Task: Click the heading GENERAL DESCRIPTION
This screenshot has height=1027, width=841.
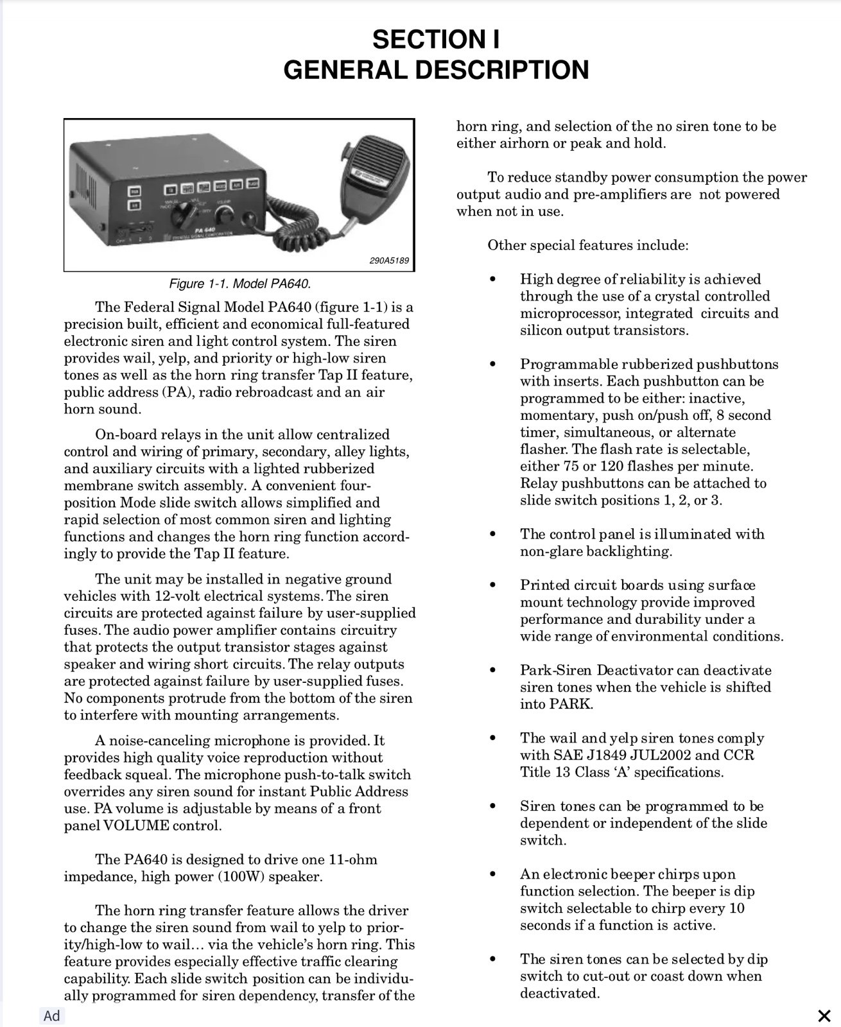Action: coord(436,69)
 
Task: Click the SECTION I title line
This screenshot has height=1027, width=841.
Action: coord(436,40)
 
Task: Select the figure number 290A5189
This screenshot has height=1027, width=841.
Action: coord(389,261)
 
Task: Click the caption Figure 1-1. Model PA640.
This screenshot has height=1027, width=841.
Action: coord(239,284)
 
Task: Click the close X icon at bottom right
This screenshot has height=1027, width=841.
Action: coord(824,1015)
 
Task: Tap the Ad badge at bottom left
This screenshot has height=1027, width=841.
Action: coord(51,1015)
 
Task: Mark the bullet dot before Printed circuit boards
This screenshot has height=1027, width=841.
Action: coord(492,585)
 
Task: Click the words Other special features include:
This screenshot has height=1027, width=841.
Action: coord(587,245)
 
